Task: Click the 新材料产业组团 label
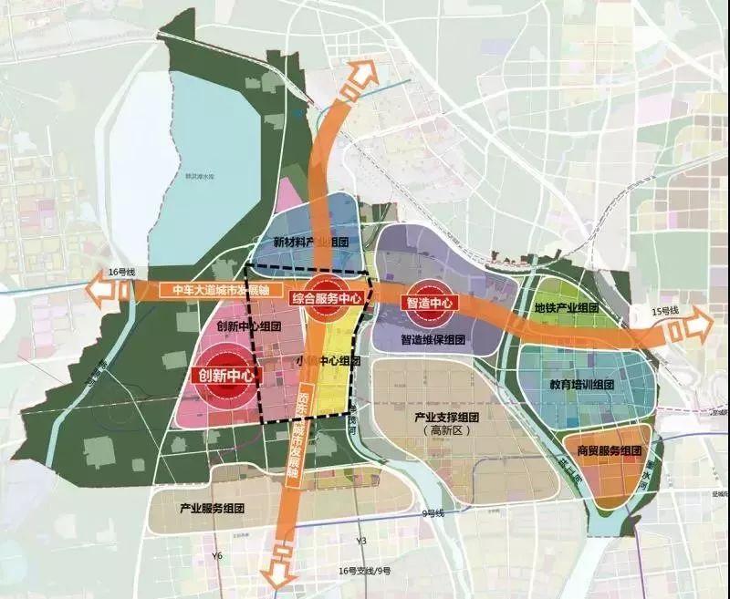point(311,242)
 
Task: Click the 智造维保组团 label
point(433,339)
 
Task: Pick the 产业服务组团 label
point(212,507)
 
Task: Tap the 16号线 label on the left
point(120,273)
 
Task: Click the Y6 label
point(216,555)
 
